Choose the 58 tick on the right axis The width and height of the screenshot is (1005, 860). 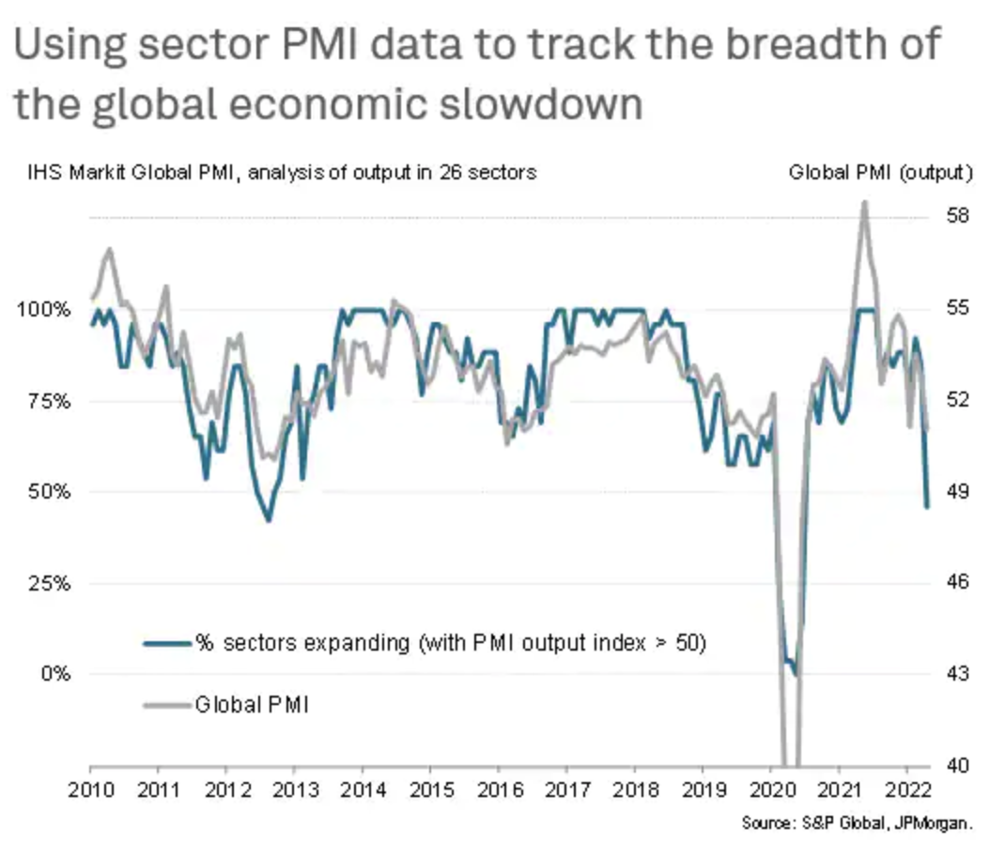click(x=955, y=216)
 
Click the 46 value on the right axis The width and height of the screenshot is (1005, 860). click(x=955, y=583)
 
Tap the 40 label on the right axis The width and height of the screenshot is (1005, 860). click(x=955, y=766)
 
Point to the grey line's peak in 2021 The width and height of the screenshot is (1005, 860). click(x=864, y=203)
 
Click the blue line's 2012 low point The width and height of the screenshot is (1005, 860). click(x=269, y=520)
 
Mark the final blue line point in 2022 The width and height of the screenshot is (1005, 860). click(x=927, y=507)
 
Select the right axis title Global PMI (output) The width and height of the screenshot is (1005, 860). click(x=880, y=173)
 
